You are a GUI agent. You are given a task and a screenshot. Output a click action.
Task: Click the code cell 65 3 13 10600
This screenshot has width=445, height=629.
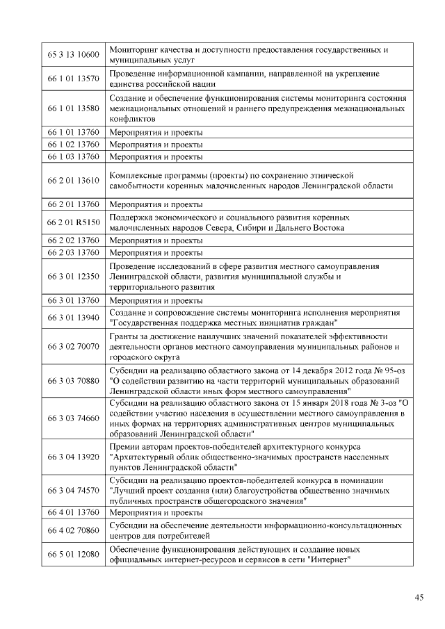(73, 55)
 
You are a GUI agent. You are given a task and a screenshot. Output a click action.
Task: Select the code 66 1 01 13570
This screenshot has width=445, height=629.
(73, 79)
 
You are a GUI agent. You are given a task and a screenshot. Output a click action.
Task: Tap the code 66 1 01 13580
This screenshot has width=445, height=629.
(73, 108)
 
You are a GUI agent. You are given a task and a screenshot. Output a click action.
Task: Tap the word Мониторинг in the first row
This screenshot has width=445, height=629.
(133, 50)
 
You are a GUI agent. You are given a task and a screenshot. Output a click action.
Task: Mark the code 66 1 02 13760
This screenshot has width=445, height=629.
(73, 144)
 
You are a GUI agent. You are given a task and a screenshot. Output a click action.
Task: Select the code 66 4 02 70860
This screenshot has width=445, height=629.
(73, 530)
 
